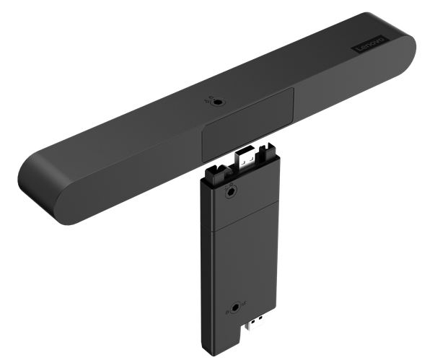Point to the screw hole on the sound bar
216,102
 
